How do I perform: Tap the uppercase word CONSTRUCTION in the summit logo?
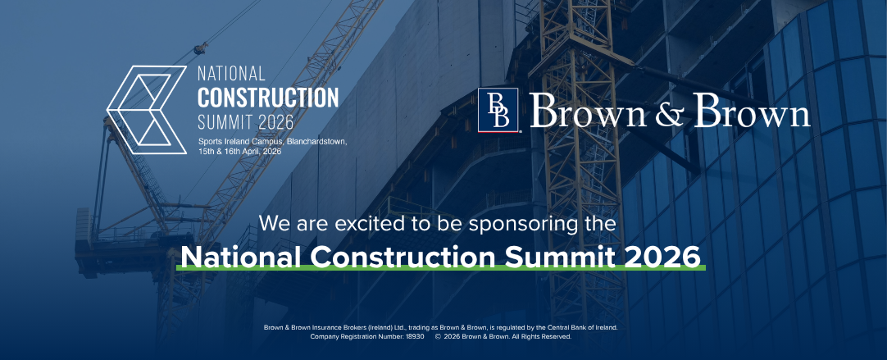tap(268, 98)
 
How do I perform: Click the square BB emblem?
tap(499, 111)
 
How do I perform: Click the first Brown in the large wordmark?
tap(589, 112)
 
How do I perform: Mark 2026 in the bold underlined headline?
tap(662, 256)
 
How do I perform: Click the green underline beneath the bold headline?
tap(443, 269)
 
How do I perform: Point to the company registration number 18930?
tap(414, 336)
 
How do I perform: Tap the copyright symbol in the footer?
tap(438, 336)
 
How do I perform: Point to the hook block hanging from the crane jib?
tap(198, 48)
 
